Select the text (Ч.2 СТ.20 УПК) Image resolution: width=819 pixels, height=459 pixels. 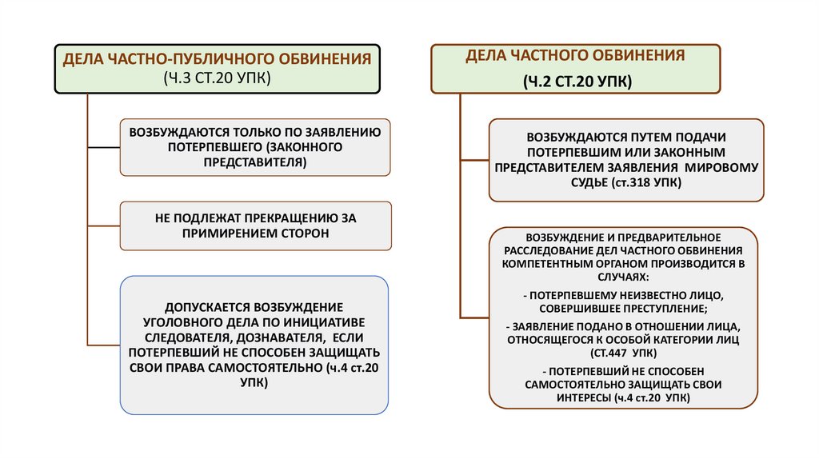tap(577, 81)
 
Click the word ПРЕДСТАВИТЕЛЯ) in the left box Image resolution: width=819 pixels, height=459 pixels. tap(255, 162)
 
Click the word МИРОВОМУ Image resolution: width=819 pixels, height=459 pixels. tap(729, 167)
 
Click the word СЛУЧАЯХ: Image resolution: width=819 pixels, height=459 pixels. tap(624, 273)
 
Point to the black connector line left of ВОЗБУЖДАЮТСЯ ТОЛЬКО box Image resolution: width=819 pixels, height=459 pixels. tap(104, 147)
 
